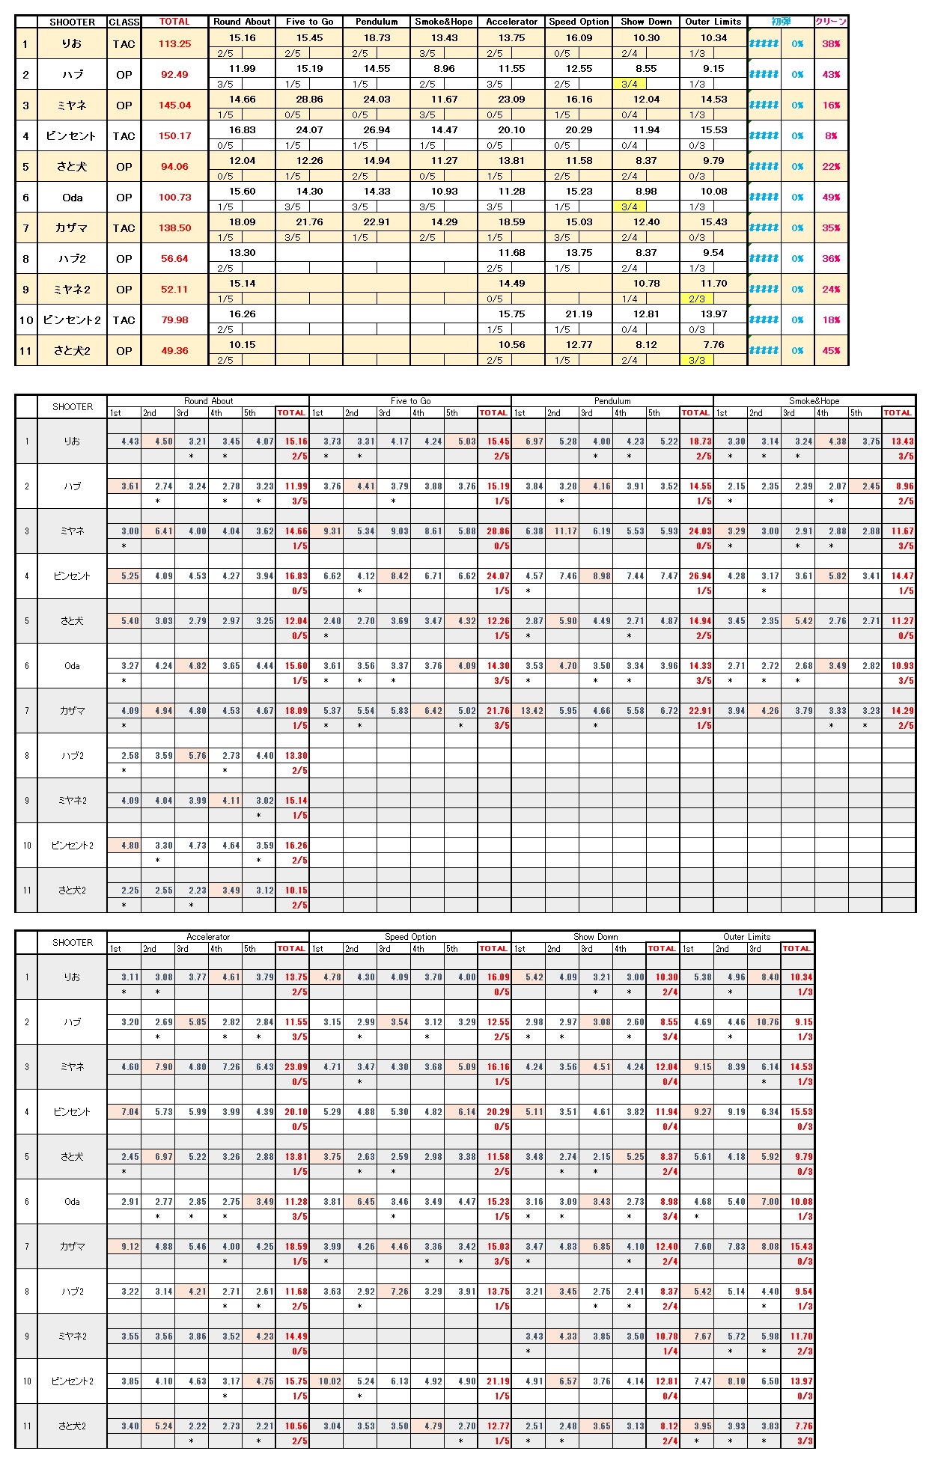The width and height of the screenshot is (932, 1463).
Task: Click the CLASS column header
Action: click(124, 22)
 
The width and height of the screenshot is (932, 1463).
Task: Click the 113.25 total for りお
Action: click(174, 44)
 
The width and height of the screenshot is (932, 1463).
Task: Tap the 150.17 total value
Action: click(174, 136)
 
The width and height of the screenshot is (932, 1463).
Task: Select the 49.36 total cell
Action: click(174, 351)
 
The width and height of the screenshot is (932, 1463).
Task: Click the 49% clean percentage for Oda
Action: click(831, 198)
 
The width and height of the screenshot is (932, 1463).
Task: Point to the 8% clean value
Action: click(831, 136)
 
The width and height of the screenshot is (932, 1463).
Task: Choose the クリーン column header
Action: click(831, 22)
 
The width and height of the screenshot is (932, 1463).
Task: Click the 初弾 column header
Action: click(781, 22)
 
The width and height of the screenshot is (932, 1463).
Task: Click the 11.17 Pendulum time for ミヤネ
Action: click(565, 531)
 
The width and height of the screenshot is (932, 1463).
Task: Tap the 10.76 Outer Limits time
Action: click(767, 1022)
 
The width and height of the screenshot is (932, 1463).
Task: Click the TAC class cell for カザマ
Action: click(124, 228)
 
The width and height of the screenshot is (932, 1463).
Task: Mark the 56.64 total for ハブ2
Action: click(174, 259)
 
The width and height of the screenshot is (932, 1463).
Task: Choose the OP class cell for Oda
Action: click(124, 198)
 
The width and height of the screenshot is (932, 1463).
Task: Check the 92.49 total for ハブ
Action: click(174, 75)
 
